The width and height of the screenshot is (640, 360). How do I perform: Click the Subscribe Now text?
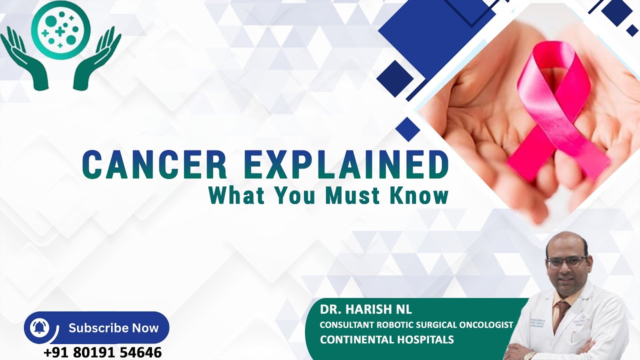(x=113, y=328)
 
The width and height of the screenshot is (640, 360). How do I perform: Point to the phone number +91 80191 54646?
(x=102, y=352)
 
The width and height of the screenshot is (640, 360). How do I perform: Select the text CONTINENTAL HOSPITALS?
(x=387, y=340)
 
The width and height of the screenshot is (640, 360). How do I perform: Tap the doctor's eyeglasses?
(x=567, y=261)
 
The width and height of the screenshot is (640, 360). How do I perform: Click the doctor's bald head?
(x=566, y=242)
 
